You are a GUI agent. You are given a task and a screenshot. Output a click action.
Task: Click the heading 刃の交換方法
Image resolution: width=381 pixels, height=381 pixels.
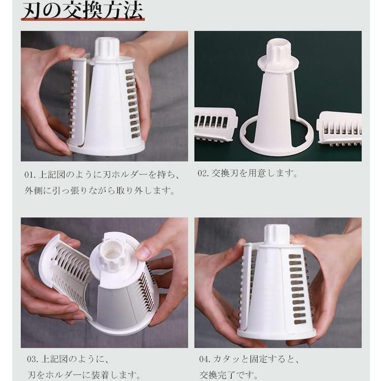pyautogui.click(x=83, y=11)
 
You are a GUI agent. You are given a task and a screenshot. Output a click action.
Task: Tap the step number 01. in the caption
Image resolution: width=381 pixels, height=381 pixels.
pyautogui.click(x=30, y=175)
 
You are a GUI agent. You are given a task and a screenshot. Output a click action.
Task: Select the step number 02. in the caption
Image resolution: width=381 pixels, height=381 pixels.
pyautogui.click(x=203, y=174)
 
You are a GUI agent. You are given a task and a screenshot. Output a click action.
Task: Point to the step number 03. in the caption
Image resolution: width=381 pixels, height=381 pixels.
pyautogui.click(x=33, y=359)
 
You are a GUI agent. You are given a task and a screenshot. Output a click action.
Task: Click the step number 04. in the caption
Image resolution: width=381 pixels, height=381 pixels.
pyautogui.click(x=205, y=359)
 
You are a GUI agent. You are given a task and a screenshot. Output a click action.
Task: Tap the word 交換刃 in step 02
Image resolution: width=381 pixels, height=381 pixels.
pyautogui.click(x=225, y=174)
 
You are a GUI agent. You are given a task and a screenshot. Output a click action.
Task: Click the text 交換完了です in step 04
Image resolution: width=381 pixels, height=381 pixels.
pyautogui.click(x=228, y=375)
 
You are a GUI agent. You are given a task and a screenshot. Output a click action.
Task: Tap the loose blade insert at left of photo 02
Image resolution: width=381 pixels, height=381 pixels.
pyautogui.click(x=215, y=124)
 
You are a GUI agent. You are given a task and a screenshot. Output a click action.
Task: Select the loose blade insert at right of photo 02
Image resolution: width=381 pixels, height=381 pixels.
pyautogui.click(x=339, y=128)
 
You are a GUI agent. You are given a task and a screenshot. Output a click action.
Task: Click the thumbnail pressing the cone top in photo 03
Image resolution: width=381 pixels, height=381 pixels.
pyautogui.click(x=142, y=252)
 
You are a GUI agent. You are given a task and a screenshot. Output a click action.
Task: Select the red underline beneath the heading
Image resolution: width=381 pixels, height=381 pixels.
pyautogui.click(x=83, y=19)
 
